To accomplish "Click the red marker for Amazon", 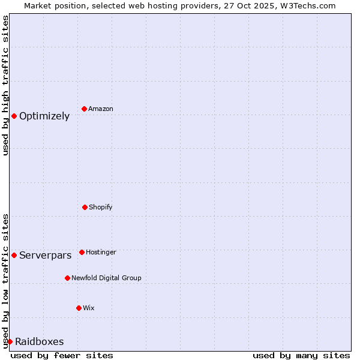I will click(x=84, y=109).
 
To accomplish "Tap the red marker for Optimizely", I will click(x=14, y=116).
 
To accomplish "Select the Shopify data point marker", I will click(x=85, y=207).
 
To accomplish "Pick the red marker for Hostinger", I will click(x=82, y=252).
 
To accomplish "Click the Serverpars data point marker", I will click(x=14, y=255).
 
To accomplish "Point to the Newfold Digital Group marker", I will click(x=67, y=278).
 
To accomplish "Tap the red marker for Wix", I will click(x=79, y=308).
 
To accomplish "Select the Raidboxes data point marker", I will click(x=10, y=341).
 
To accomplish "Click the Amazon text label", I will click(x=101, y=109).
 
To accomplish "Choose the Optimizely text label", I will click(x=44, y=116).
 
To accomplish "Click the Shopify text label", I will click(x=101, y=207).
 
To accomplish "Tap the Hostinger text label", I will click(x=101, y=252).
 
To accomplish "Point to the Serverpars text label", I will click(x=46, y=256).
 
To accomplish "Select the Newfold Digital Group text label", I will click(x=107, y=278).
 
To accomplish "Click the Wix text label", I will click(x=89, y=308).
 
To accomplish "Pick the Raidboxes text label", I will click(x=40, y=342).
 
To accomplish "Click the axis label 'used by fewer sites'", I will click(x=62, y=355).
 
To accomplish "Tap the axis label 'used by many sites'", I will click(x=301, y=355).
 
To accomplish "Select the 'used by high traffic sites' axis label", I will click(x=5, y=85).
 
